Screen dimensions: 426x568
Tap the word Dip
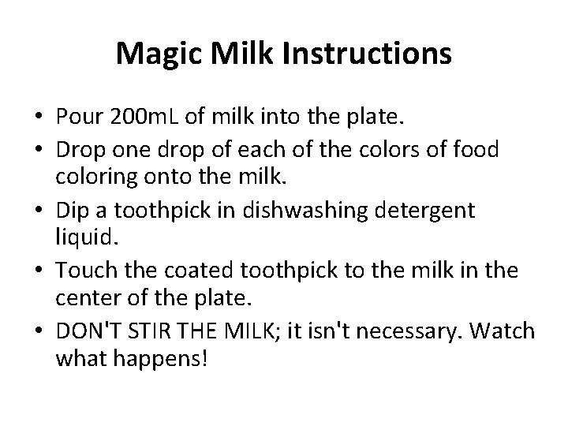73,210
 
